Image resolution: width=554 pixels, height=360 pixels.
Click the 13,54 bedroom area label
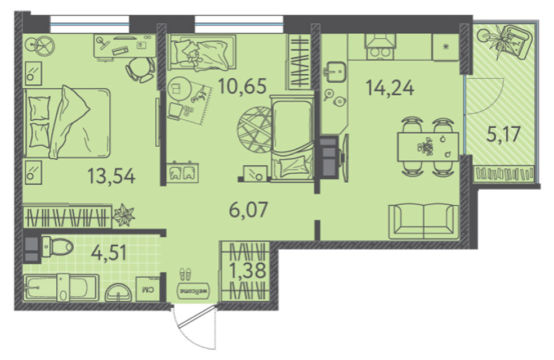pyautogui.click(x=111, y=176)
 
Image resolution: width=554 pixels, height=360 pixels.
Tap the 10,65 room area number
pyautogui.click(x=242, y=87)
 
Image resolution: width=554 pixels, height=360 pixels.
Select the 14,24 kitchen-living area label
pyautogui.click(x=390, y=88)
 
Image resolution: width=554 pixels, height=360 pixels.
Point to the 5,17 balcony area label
pyautogui.click(x=503, y=134)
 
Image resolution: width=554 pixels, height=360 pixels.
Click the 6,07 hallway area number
pyautogui.click(x=248, y=210)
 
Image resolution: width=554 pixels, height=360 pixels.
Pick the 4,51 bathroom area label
pyautogui.click(x=109, y=253)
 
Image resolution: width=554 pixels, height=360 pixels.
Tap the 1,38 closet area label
pyautogui.click(x=247, y=271)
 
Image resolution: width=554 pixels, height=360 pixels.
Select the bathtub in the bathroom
pyautogui.click(x=61, y=288)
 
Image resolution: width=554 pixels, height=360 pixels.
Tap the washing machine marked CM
pyautogui.click(x=148, y=289)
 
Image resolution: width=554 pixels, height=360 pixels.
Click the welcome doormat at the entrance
pyautogui.click(x=194, y=291)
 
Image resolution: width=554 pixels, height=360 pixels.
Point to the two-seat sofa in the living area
pyautogui.click(x=423, y=221)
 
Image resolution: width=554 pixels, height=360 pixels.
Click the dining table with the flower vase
pyautogui.click(x=428, y=146)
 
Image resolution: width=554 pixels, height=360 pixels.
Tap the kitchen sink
pyautogui.click(x=334, y=71)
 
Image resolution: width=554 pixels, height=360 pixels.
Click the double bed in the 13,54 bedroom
pyautogui.click(x=67, y=122)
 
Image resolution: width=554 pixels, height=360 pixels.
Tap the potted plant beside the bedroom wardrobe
pyautogui.click(x=123, y=215)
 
